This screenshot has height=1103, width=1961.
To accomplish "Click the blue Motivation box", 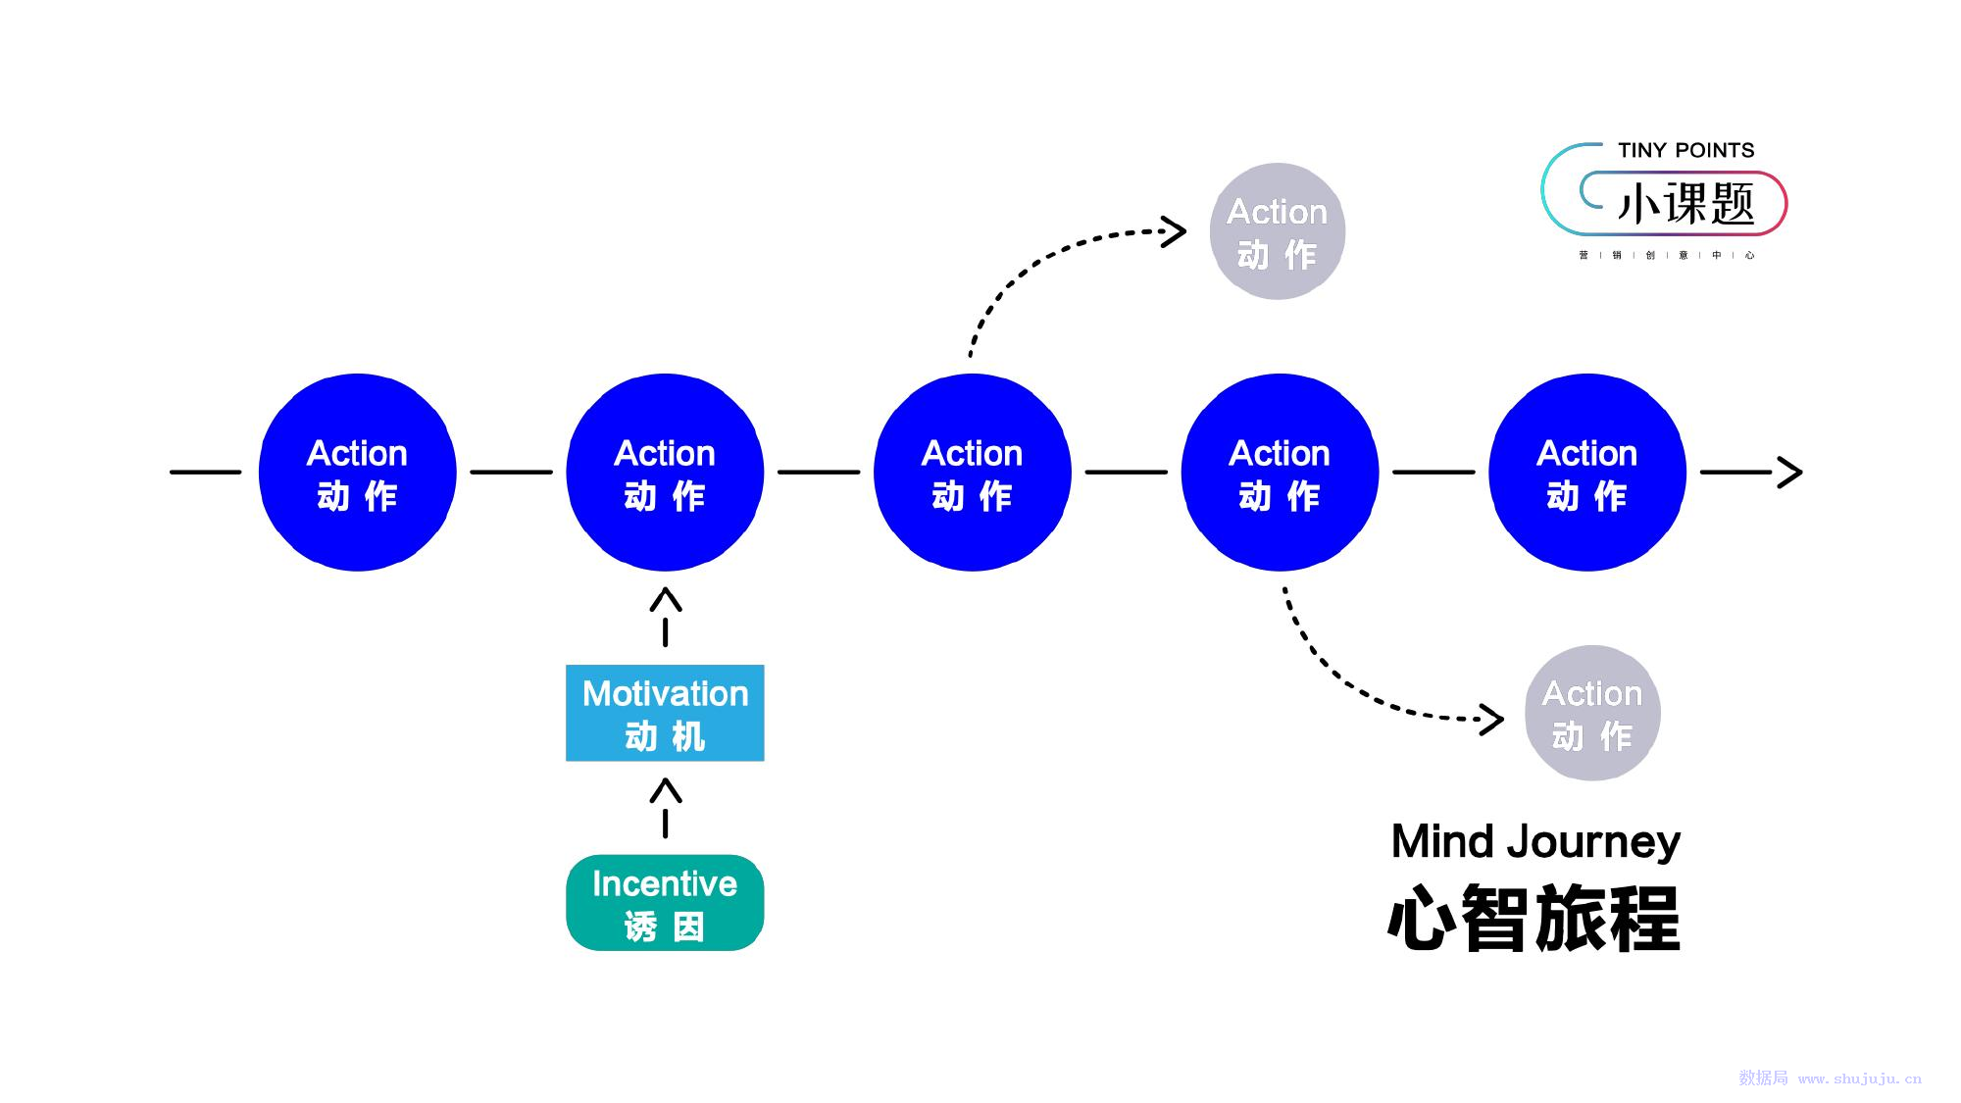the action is [665, 713].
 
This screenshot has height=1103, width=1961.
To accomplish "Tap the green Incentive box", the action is [665, 903].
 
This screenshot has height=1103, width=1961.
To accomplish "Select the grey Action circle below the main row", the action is [1592, 713].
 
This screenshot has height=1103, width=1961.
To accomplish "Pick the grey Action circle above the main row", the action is [1277, 231].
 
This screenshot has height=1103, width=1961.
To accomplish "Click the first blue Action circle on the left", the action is [358, 472].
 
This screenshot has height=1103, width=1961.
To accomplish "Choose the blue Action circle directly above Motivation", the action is [665, 472].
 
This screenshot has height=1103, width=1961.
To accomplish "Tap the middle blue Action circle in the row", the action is [973, 472].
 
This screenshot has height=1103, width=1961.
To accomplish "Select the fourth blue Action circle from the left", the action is [1280, 472].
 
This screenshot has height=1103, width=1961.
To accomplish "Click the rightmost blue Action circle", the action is [1587, 472].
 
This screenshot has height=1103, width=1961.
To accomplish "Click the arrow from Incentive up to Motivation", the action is [666, 808].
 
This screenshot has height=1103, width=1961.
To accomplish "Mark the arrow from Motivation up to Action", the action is [666, 617].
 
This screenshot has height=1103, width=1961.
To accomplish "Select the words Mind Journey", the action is [1535, 842].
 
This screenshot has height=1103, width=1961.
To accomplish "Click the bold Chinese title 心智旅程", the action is [1534, 919].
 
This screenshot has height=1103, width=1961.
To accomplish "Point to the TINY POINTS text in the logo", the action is [1685, 150].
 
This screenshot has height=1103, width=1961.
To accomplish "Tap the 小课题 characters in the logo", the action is [1685, 204].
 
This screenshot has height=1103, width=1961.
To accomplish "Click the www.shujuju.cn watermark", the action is [1860, 1078].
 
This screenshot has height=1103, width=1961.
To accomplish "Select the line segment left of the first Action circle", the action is [205, 472].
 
